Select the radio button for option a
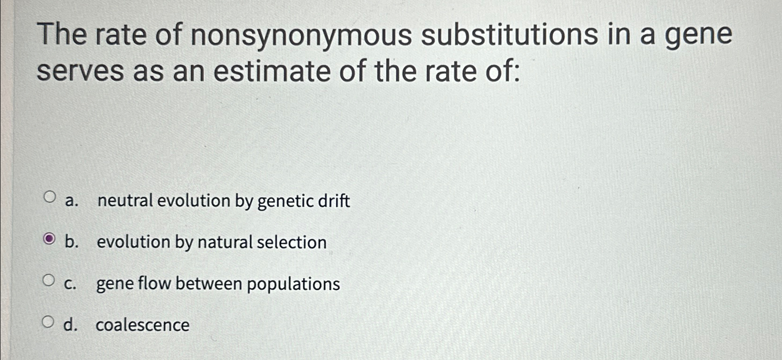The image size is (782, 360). coord(49,197)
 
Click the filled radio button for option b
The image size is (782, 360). coord(49,240)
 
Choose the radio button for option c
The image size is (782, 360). coord(48,280)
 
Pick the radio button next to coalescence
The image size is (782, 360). coord(48,322)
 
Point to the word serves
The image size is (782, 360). coord(80,72)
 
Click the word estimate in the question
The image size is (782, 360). coord(272,72)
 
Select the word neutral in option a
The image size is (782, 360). coord(125,200)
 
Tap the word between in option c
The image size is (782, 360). coord(209,283)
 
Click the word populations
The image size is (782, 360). coord(293,284)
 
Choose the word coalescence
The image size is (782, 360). coord(143,325)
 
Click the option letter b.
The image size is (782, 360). coord(71,242)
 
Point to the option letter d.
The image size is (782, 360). coord(70,324)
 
